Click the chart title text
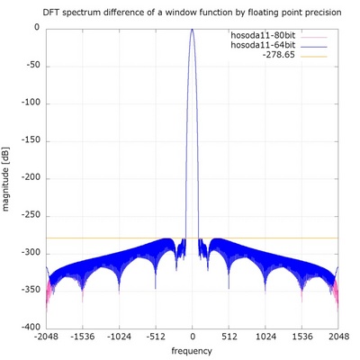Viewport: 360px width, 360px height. [191, 12]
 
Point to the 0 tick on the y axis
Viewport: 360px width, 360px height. [37, 28]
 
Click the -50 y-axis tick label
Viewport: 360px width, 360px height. [31, 66]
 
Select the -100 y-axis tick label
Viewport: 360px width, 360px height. [30, 103]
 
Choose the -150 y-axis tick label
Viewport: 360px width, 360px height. [30, 140]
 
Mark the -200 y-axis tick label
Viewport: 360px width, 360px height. [30, 177]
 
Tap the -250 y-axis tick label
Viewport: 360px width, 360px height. [30, 215]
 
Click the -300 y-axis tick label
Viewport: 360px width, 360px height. [30, 252]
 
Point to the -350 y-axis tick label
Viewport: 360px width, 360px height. [30, 290]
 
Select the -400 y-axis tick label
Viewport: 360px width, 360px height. [30, 327]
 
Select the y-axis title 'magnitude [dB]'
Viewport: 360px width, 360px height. [8, 177]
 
